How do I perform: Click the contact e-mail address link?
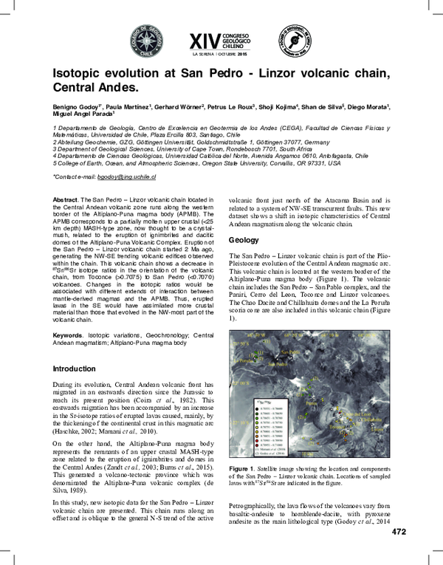tap(126, 177)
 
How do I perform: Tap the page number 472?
tap(399, 552)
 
